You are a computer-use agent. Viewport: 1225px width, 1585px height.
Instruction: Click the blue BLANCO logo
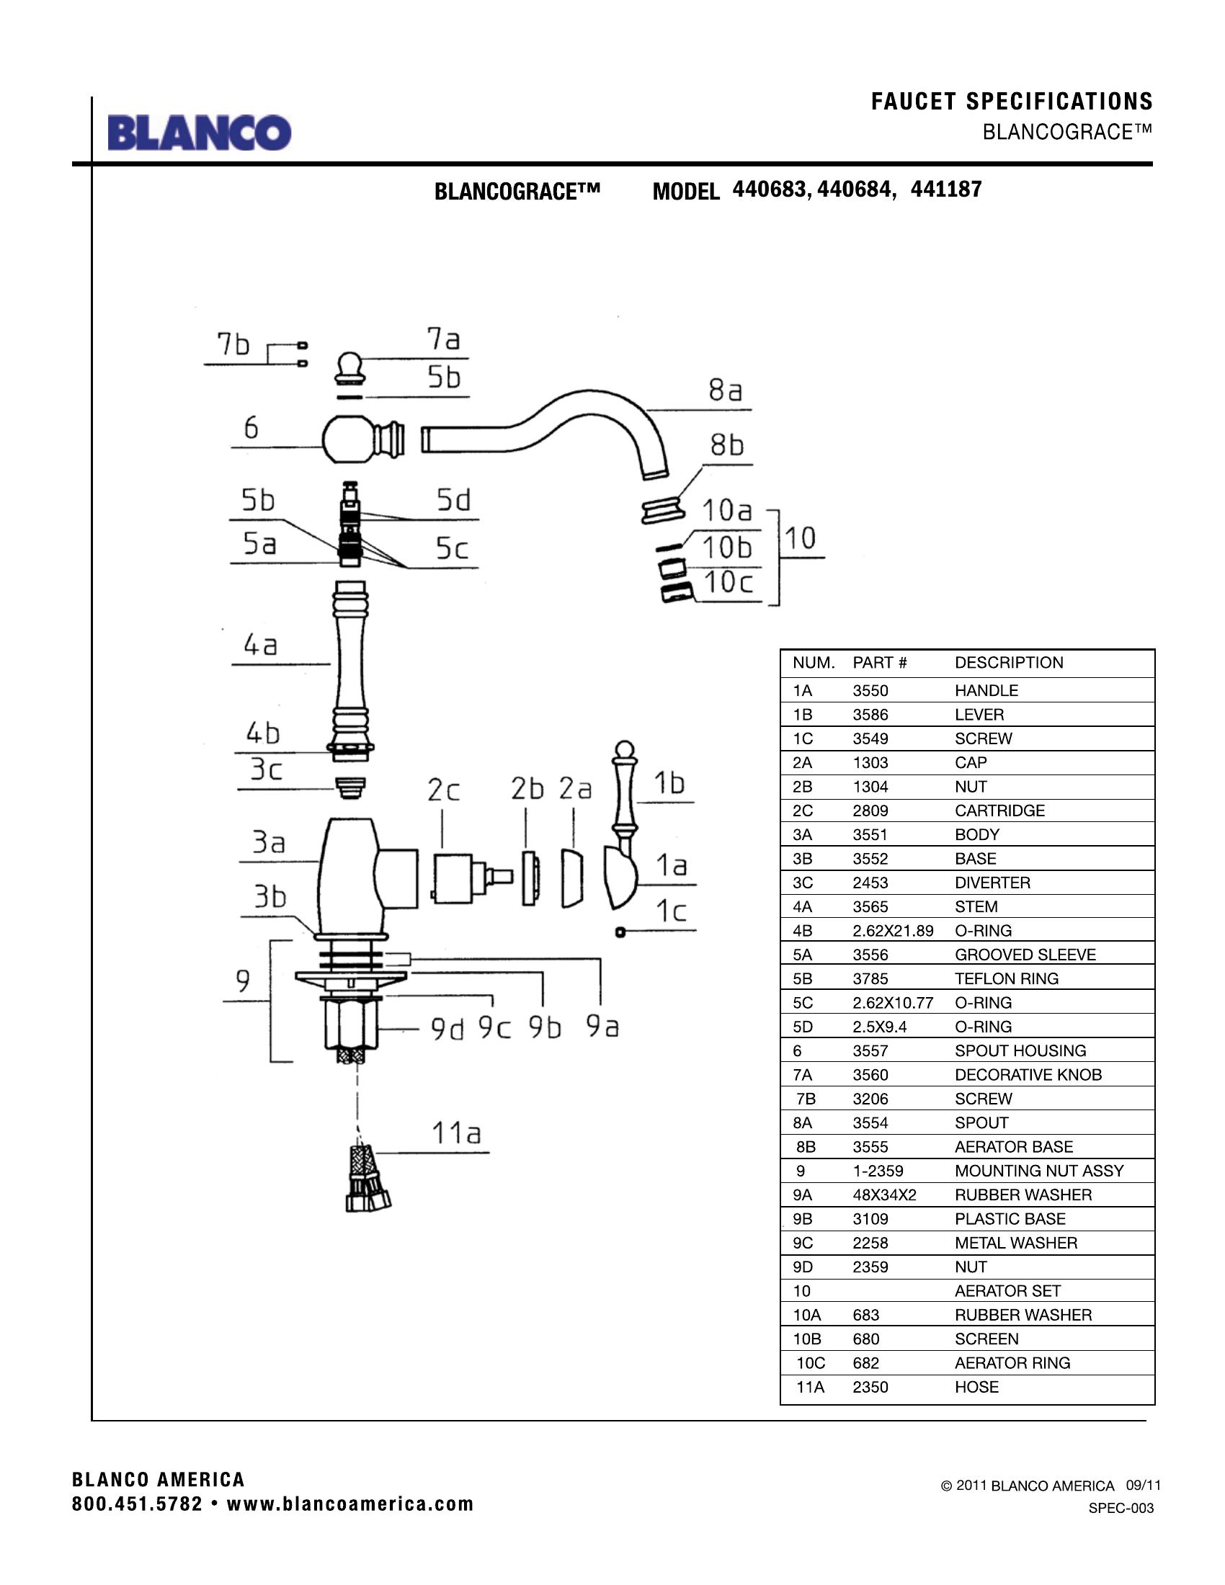click(x=200, y=133)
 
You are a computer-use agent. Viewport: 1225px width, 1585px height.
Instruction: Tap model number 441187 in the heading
click(x=945, y=189)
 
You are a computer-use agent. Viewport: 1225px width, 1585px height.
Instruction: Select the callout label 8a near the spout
click(x=726, y=390)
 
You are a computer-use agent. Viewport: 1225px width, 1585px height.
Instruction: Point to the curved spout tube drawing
click(x=551, y=428)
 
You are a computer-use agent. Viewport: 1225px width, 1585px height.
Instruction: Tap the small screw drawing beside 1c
click(x=620, y=932)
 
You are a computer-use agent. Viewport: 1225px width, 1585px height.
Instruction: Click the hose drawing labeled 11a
click(x=367, y=1179)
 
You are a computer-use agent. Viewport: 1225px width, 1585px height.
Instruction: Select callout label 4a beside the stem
click(x=260, y=645)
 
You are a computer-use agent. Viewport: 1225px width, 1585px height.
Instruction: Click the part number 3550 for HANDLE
click(x=870, y=690)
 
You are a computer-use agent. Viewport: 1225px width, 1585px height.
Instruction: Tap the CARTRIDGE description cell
click(x=999, y=811)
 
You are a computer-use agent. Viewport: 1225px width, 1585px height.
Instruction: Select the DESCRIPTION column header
click(x=1009, y=663)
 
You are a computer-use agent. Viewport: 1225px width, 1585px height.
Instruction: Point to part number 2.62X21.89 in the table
click(x=893, y=931)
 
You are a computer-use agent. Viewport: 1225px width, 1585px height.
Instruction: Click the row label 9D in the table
click(x=803, y=1267)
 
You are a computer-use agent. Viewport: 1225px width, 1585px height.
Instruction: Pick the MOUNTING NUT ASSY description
click(x=1038, y=1171)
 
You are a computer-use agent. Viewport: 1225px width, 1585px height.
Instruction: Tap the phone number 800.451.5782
click(x=137, y=1504)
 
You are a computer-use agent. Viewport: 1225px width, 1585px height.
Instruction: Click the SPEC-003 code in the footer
click(x=1121, y=1509)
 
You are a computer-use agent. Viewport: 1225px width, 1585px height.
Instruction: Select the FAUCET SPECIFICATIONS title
click(x=1012, y=102)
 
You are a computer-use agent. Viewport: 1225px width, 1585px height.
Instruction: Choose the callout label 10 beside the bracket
click(x=800, y=537)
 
